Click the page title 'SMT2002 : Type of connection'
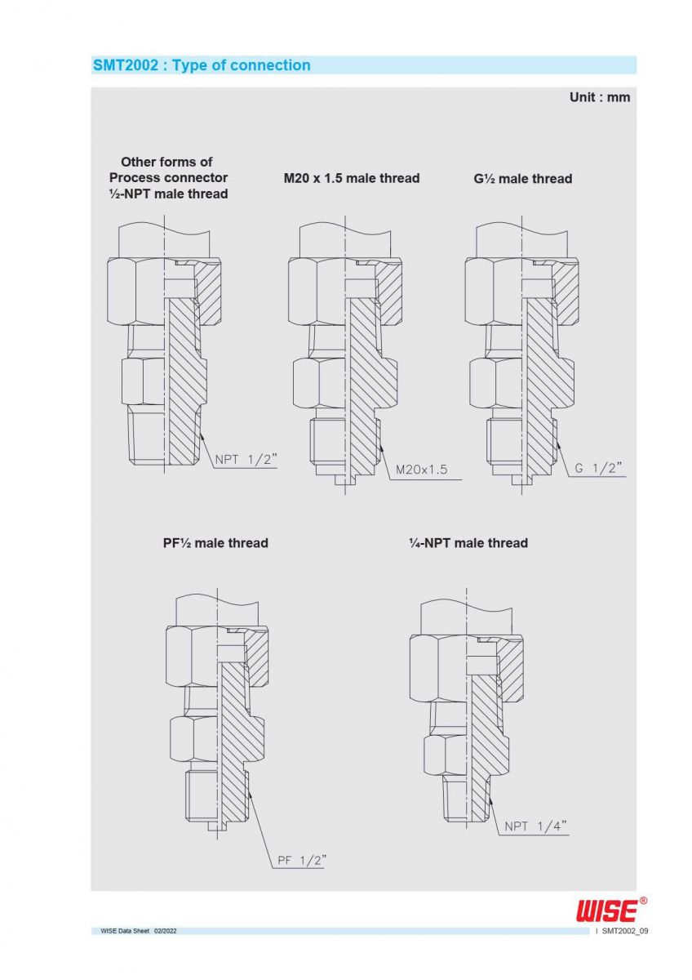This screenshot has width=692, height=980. (x=202, y=65)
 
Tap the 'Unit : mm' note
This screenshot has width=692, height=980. (x=599, y=97)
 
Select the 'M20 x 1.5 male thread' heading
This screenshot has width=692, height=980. (x=351, y=178)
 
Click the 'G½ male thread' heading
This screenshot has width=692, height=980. (x=522, y=178)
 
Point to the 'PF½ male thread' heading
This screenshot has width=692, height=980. (x=215, y=543)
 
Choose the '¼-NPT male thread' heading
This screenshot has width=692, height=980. (x=468, y=543)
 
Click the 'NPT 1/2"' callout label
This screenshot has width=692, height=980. (x=246, y=459)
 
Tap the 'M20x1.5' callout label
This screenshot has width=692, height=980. (x=421, y=470)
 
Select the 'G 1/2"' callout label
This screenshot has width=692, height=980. (x=598, y=468)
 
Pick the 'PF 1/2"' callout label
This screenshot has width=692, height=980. (x=302, y=860)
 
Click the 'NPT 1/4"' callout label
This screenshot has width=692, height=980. (x=535, y=826)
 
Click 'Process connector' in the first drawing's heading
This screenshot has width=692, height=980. (x=168, y=178)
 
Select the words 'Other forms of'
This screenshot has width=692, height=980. (x=166, y=162)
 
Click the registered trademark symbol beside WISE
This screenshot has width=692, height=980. (x=643, y=901)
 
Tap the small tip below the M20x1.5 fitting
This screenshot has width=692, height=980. (x=345, y=480)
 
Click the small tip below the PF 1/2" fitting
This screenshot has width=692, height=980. (x=217, y=826)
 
